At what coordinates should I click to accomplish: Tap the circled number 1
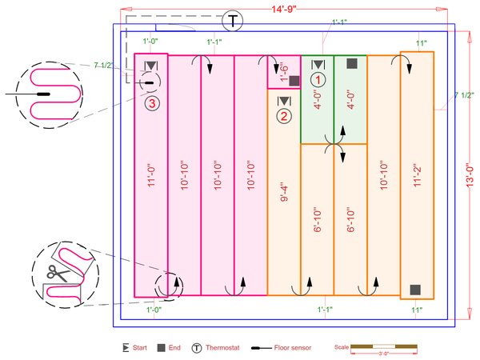(318, 79)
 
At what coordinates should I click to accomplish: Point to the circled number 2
(284, 116)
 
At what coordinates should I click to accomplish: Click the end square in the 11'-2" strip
(415, 289)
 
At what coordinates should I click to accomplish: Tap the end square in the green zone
(351, 62)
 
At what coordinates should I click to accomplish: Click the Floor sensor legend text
(293, 348)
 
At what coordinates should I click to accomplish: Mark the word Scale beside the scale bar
(342, 348)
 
